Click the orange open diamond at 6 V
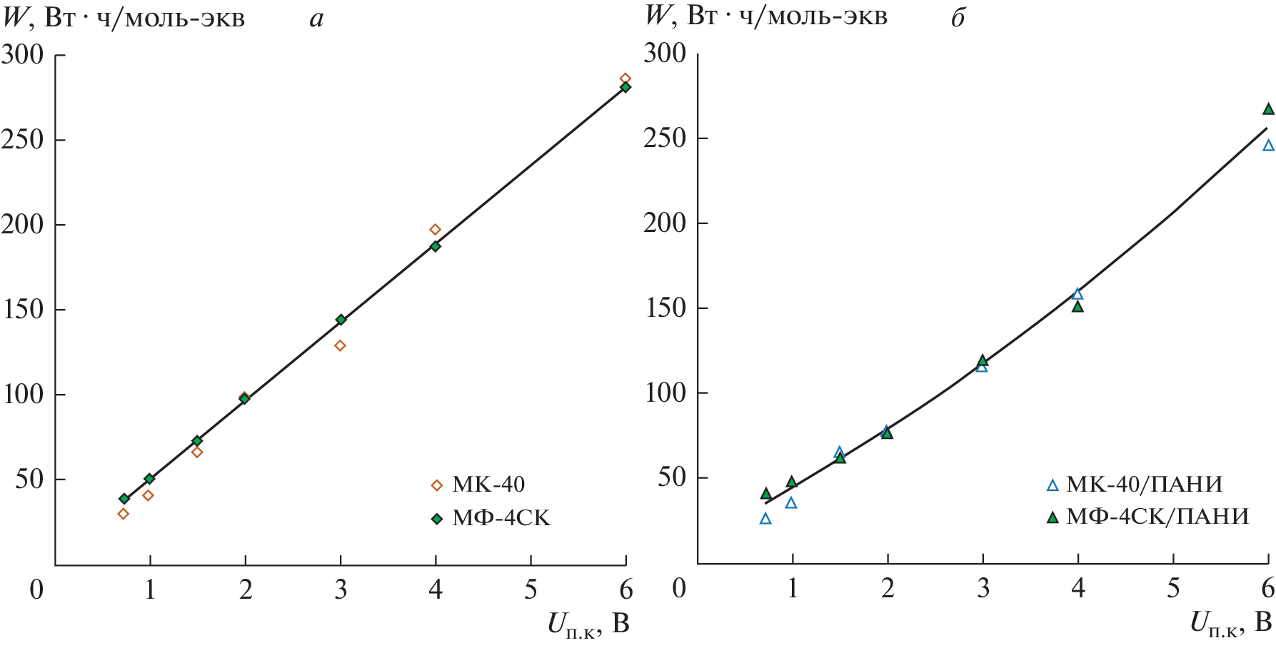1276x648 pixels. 626,79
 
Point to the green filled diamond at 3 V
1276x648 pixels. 341,320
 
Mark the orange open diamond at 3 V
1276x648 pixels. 340,345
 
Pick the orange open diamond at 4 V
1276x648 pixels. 435,230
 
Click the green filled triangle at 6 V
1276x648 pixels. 1268,109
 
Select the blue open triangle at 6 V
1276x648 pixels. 1268,146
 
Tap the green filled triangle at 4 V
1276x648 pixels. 1077,307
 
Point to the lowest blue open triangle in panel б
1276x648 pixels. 765,519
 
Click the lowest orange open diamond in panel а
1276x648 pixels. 123,514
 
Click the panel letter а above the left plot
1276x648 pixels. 316,19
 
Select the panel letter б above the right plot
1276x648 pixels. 958,18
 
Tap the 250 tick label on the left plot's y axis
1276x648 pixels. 24,140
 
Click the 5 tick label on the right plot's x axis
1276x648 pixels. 1173,588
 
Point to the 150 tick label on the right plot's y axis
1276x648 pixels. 665,308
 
